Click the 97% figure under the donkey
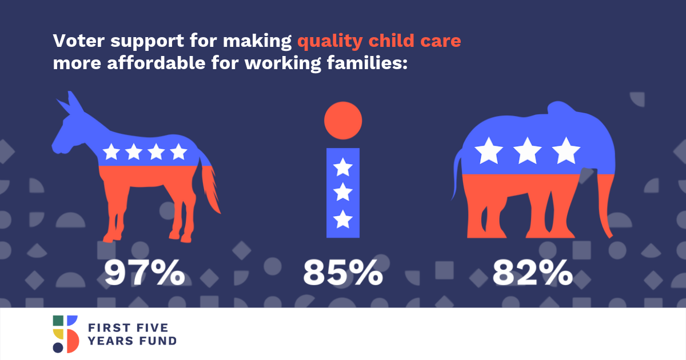[145, 273]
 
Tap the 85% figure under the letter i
[343, 273]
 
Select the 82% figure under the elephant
[533, 273]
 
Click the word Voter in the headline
[79, 41]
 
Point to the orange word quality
[330, 42]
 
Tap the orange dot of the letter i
[343, 121]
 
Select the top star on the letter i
[342, 167]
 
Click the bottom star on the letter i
[342, 219]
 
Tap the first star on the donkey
[111, 151]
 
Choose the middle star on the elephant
[527, 151]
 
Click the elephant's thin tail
[456, 174]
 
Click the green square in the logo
[58, 321]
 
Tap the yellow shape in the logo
[58, 334]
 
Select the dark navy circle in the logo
[58, 348]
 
